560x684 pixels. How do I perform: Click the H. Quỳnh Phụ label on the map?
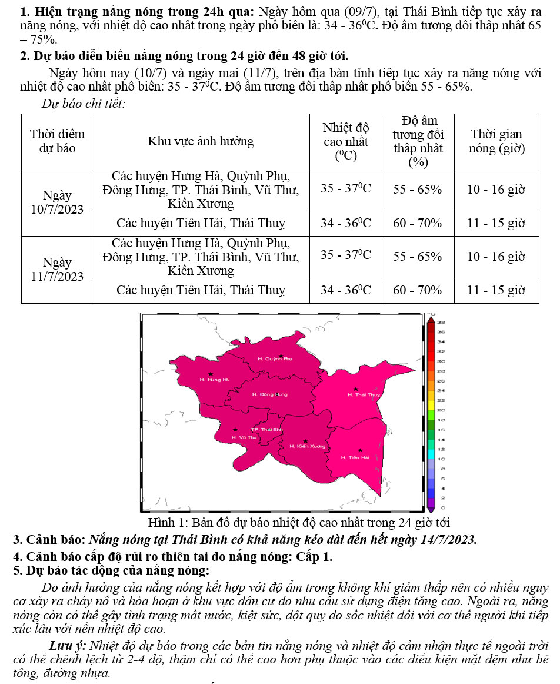275,358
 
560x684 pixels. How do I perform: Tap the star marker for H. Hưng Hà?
211,374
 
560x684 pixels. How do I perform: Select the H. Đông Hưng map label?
269,394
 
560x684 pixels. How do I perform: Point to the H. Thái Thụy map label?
364,394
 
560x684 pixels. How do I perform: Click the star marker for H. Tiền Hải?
360,450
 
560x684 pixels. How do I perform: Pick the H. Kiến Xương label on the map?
307,446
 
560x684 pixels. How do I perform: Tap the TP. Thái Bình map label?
267,430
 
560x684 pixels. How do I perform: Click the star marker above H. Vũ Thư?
235,430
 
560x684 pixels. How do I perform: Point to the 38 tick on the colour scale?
441,323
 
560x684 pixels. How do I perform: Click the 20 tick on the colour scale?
441,410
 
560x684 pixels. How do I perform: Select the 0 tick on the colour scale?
441,507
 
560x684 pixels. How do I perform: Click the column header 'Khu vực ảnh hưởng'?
201,141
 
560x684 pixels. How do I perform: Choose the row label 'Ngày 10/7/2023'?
57,202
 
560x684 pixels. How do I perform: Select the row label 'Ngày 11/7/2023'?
57,269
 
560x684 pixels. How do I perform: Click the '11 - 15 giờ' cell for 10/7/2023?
496,223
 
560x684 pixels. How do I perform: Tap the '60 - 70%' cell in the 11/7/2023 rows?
417,290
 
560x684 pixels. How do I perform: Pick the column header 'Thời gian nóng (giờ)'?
496,141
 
